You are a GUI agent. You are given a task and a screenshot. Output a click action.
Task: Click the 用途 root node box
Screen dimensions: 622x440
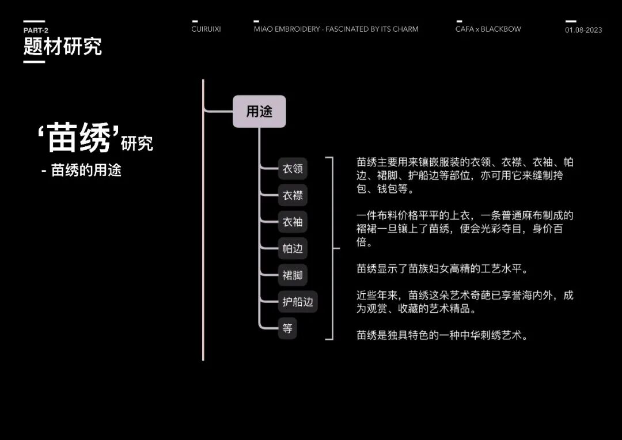click(x=259, y=111)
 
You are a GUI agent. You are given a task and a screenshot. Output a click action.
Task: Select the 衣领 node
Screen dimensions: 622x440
click(x=292, y=169)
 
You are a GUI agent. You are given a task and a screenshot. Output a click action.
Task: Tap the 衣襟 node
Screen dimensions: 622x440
click(x=292, y=196)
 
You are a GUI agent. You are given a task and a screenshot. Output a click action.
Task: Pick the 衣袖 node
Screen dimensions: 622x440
click(x=292, y=222)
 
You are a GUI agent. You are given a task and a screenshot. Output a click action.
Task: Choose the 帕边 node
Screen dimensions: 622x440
click(x=292, y=249)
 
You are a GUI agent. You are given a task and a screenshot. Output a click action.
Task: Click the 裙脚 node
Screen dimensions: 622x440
click(x=292, y=275)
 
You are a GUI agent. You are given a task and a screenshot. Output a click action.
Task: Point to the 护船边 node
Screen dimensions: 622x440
click(x=297, y=301)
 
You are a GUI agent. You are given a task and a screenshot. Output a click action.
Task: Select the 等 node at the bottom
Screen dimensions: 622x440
click(x=287, y=329)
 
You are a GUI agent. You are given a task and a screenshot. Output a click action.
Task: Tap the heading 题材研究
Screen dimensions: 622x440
click(x=62, y=46)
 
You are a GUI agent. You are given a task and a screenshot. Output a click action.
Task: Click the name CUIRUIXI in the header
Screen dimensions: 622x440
click(x=206, y=29)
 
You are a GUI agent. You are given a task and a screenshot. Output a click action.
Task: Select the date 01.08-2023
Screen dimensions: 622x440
click(x=583, y=30)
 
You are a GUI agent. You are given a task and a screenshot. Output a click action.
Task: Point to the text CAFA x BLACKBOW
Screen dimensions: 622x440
click(x=488, y=29)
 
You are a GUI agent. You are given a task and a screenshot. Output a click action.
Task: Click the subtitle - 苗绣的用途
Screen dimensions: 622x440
click(x=81, y=170)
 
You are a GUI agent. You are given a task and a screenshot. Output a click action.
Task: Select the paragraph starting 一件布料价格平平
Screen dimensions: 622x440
click(x=465, y=229)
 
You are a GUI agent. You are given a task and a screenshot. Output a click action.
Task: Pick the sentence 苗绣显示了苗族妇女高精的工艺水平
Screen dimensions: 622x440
click(x=442, y=268)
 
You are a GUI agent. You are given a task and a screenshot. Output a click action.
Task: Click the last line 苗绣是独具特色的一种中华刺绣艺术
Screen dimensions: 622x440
click(x=442, y=335)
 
